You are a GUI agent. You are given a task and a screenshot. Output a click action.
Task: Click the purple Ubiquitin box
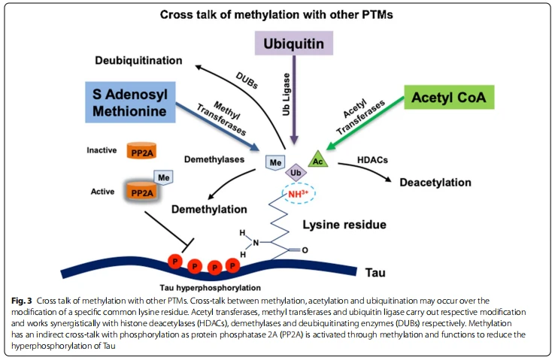tap(294, 43)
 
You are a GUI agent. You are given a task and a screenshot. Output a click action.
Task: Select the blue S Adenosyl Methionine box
tap(130, 102)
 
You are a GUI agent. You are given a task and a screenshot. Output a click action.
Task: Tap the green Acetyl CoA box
tap(449, 97)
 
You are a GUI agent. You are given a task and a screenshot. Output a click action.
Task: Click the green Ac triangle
tap(318, 159)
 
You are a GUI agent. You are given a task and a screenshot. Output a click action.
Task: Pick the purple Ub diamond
tap(296, 173)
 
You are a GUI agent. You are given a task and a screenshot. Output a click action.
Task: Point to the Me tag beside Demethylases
tap(275, 162)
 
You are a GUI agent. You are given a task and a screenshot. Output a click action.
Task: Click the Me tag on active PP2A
tap(163, 177)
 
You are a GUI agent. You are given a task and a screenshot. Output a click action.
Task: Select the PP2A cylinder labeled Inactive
tap(141, 150)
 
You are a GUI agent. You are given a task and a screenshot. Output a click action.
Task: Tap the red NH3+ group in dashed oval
tap(298, 193)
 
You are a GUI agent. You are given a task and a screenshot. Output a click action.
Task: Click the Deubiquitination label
tap(138, 60)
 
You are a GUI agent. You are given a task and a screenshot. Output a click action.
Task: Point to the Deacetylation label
tap(435, 183)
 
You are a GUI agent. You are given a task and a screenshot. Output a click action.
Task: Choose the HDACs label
tap(372, 160)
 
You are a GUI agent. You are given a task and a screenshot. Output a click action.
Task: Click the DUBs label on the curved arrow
tap(247, 80)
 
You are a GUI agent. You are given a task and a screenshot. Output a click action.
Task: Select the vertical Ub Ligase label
tap(286, 95)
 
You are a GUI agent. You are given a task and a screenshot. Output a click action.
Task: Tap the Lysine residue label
tap(344, 225)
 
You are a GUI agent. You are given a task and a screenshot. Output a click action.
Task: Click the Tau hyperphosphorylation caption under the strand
tap(211, 288)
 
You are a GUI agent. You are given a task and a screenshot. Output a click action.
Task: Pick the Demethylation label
tap(209, 210)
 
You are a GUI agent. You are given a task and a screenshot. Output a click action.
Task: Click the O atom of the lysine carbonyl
tap(305, 250)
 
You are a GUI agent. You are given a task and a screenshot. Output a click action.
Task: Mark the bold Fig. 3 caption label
tap(22, 301)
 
